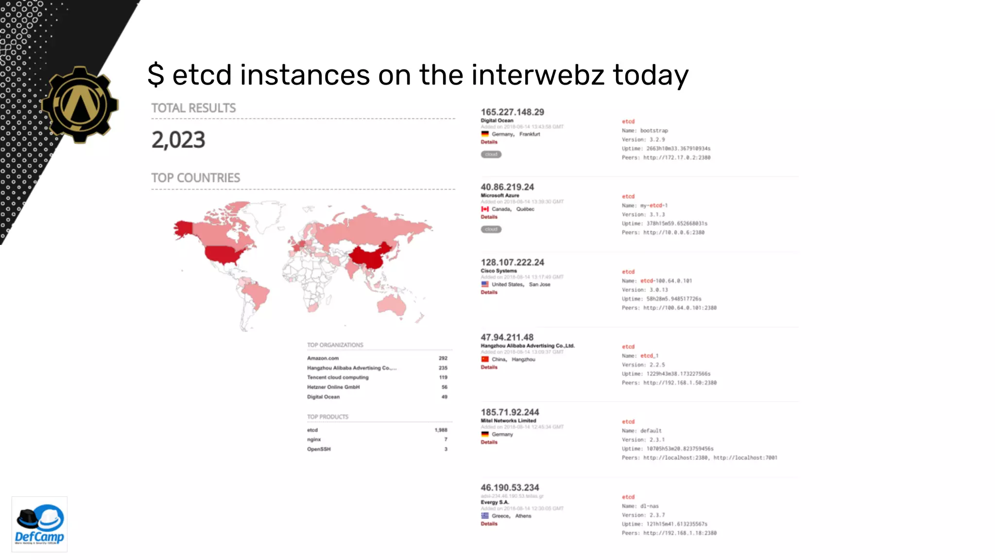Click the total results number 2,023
point(178,140)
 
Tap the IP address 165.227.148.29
point(512,112)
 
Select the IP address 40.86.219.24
point(507,187)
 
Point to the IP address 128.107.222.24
point(512,262)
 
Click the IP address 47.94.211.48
point(507,337)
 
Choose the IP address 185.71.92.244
point(510,412)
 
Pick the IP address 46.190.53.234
point(510,488)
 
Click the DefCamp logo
point(39,524)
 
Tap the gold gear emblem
point(80,105)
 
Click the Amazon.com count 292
point(443,358)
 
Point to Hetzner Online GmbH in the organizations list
point(333,387)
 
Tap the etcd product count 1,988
point(441,430)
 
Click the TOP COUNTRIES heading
point(195,178)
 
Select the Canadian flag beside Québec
point(485,209)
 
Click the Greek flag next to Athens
point(485,516)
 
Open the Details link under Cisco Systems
point(489,292)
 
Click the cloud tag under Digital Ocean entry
point(491,155)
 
